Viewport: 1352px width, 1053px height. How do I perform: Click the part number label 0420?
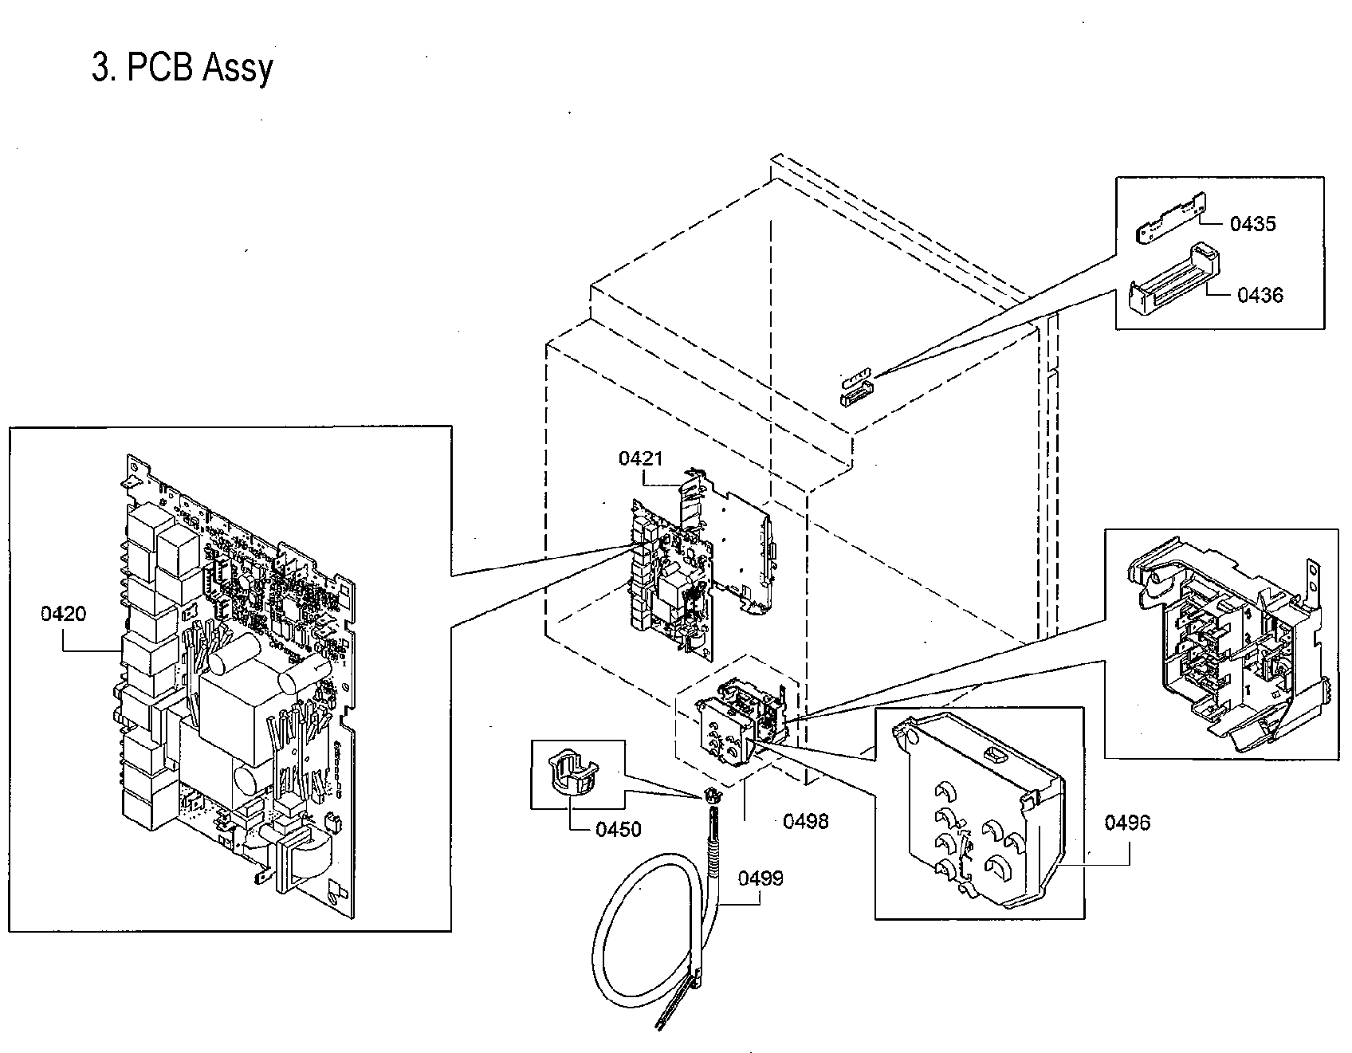pos(63,614)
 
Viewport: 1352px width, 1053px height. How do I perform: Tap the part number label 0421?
pos(640,458)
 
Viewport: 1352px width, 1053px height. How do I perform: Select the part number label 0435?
pos(1252,224)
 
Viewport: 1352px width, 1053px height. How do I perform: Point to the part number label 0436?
pos(1260,295)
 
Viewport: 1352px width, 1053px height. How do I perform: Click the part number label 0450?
pos(619,829)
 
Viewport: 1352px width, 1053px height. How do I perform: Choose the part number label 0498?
pos(805,821)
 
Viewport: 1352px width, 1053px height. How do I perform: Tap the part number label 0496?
pos(1127,823)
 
